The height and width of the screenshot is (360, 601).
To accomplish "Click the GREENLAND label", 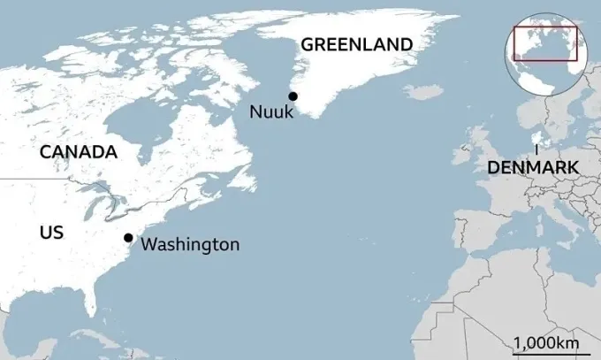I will tap(356, 44).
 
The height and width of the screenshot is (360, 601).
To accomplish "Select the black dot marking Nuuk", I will tap(293, 96).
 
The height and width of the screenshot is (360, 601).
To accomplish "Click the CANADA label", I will tap(79, 152).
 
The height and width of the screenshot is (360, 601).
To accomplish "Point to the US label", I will tap(52, 233).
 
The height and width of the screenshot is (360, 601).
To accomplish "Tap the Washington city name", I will tap(190, 244).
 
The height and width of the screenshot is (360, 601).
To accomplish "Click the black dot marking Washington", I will tap(128, 237).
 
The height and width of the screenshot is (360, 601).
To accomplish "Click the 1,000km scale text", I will tap(547, 342).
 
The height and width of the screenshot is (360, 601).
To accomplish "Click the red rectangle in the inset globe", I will tap(544, 43).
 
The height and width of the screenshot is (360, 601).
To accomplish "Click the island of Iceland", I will tap(423, 92).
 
